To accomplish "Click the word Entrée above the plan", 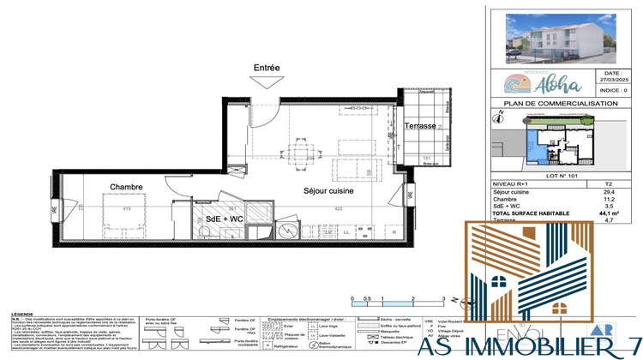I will click(266, 67).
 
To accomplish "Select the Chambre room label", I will click(125, 186).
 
